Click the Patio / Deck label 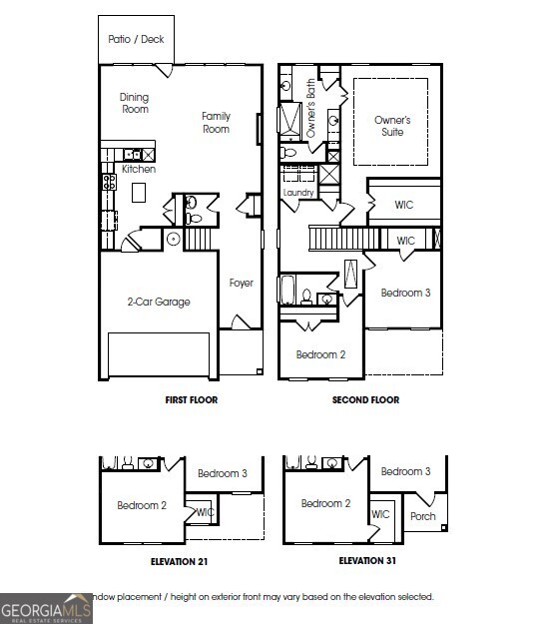pyautogui.click(x=137, y=40)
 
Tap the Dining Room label pyautogui.click(x=135, y=103)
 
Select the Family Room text pyautogui.click(x=216, y=122)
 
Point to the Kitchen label pyautogui.click(x=139, y=169)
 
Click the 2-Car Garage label pyautogui.click(x=158, y=302)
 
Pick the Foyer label pyautogui.click(x=241, y=284)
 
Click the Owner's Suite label pyautogui.click(x=392, y=126)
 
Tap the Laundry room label pyautogui.click(x=298, y=193)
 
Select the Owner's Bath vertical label pyautogui.click(x=311, y=109)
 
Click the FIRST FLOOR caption pyautogui.click(x=191, y=400)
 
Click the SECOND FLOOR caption pyautogui.click(x=365, y=400)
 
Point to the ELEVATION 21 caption pyautogui.click(x=180, y=561)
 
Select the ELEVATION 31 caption pyautogui.click(x=366, y=561)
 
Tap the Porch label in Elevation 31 pyautogui.click(x=423, y=516)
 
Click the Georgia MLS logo pyautogui.click(x=46, y=607)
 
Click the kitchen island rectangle pyautogui.click(x=140, y=192)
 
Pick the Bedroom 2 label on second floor pyautogui.click(x=320, y=354)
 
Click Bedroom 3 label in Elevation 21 pyautogui.click(x=223, y=473)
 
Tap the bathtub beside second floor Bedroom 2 pyautogui.click(x=288, y=291)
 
